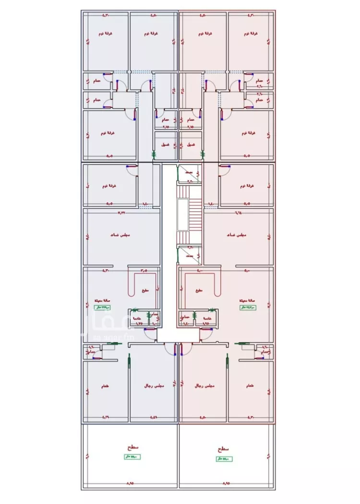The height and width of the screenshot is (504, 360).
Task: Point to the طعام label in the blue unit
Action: coord(105,386)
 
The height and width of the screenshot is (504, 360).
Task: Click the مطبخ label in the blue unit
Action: coord(145,291)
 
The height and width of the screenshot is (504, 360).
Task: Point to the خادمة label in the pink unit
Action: coord(208,318)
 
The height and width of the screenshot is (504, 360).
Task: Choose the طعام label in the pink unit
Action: coord(249,386)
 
